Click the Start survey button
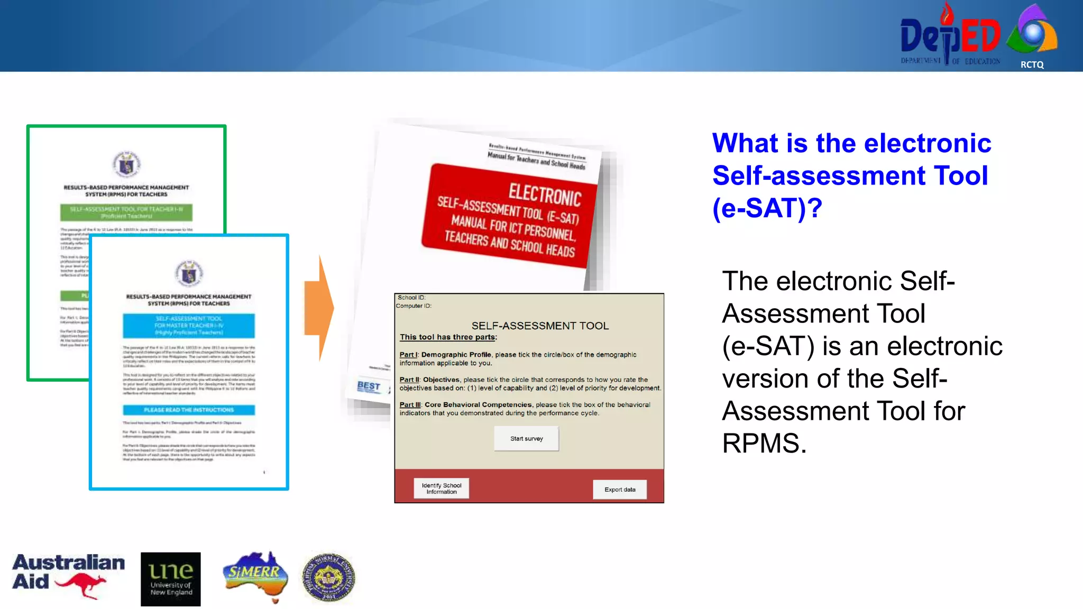[526, 438]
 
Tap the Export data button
[619, 490]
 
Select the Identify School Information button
[441, 488]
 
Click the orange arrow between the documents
[319, 308]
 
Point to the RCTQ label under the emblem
[1032, 64]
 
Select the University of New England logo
[170, 579]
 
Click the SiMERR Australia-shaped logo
[255, 575]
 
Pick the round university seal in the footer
[328, 577]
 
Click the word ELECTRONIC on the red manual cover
[545, 195]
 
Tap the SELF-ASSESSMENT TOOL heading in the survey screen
[539, 326]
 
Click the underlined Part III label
[410, 404]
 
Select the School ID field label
[411, 298]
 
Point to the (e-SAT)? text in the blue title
[767, 208]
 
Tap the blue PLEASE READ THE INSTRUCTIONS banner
[189, 410]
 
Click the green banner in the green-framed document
[126, 212]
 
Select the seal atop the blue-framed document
[189, 274]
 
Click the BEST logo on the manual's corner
[369, 386]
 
